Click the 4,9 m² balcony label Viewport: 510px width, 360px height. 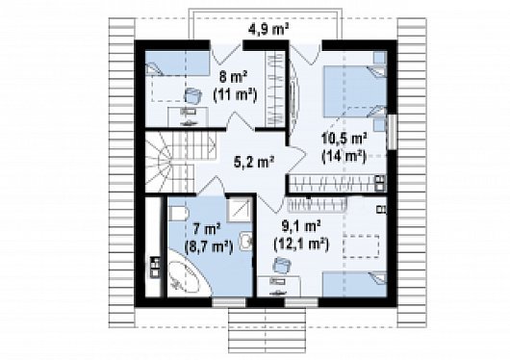tap(268, 30)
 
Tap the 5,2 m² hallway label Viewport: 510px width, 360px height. tap(254, 161)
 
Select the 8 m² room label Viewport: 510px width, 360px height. tap(233, 77)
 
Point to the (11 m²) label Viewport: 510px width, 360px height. tap(235, 95)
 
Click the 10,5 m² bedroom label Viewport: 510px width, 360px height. tap(344, 139)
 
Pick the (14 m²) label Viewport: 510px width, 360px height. tap(344, 157)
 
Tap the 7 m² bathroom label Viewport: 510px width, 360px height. tap(207, 229)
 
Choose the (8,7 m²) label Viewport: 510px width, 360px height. tap(209, 247)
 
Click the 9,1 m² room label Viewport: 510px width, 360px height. tap(301, 226)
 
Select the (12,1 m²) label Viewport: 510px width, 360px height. tap(301, 244)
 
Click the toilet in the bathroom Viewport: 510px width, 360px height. tap(179, 214)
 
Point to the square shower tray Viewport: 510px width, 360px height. tap(240, 209)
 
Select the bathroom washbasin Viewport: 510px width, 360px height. tap(246, 242)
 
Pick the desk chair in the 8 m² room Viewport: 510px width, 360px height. tap(192, 96)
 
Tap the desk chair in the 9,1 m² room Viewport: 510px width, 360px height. tap(282, 265)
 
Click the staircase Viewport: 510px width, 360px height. tap(180, 162)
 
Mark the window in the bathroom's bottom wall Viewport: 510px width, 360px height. tap(229, 302)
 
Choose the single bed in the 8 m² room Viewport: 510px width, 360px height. tap(177, 64)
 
